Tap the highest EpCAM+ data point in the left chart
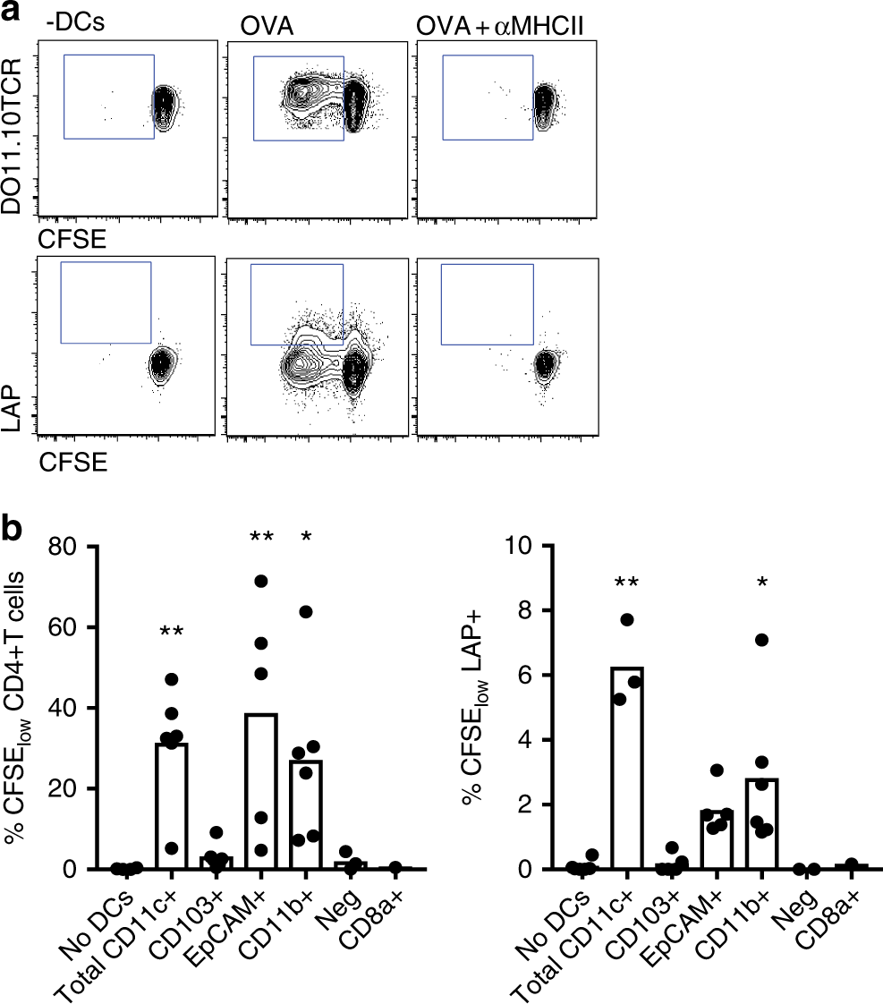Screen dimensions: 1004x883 pos(260,581)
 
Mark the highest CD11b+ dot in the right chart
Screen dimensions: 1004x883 pos(760,639)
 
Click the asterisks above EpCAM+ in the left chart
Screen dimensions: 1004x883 pos(260,537)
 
